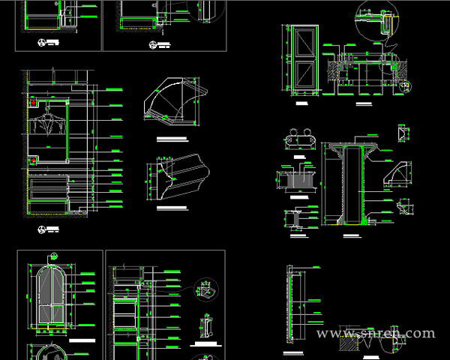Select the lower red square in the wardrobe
point(33,159)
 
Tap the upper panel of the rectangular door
point(305,43)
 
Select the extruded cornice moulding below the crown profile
point(180,178)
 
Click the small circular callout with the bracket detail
point(203,289)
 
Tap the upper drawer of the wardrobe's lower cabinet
point(48,182)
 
